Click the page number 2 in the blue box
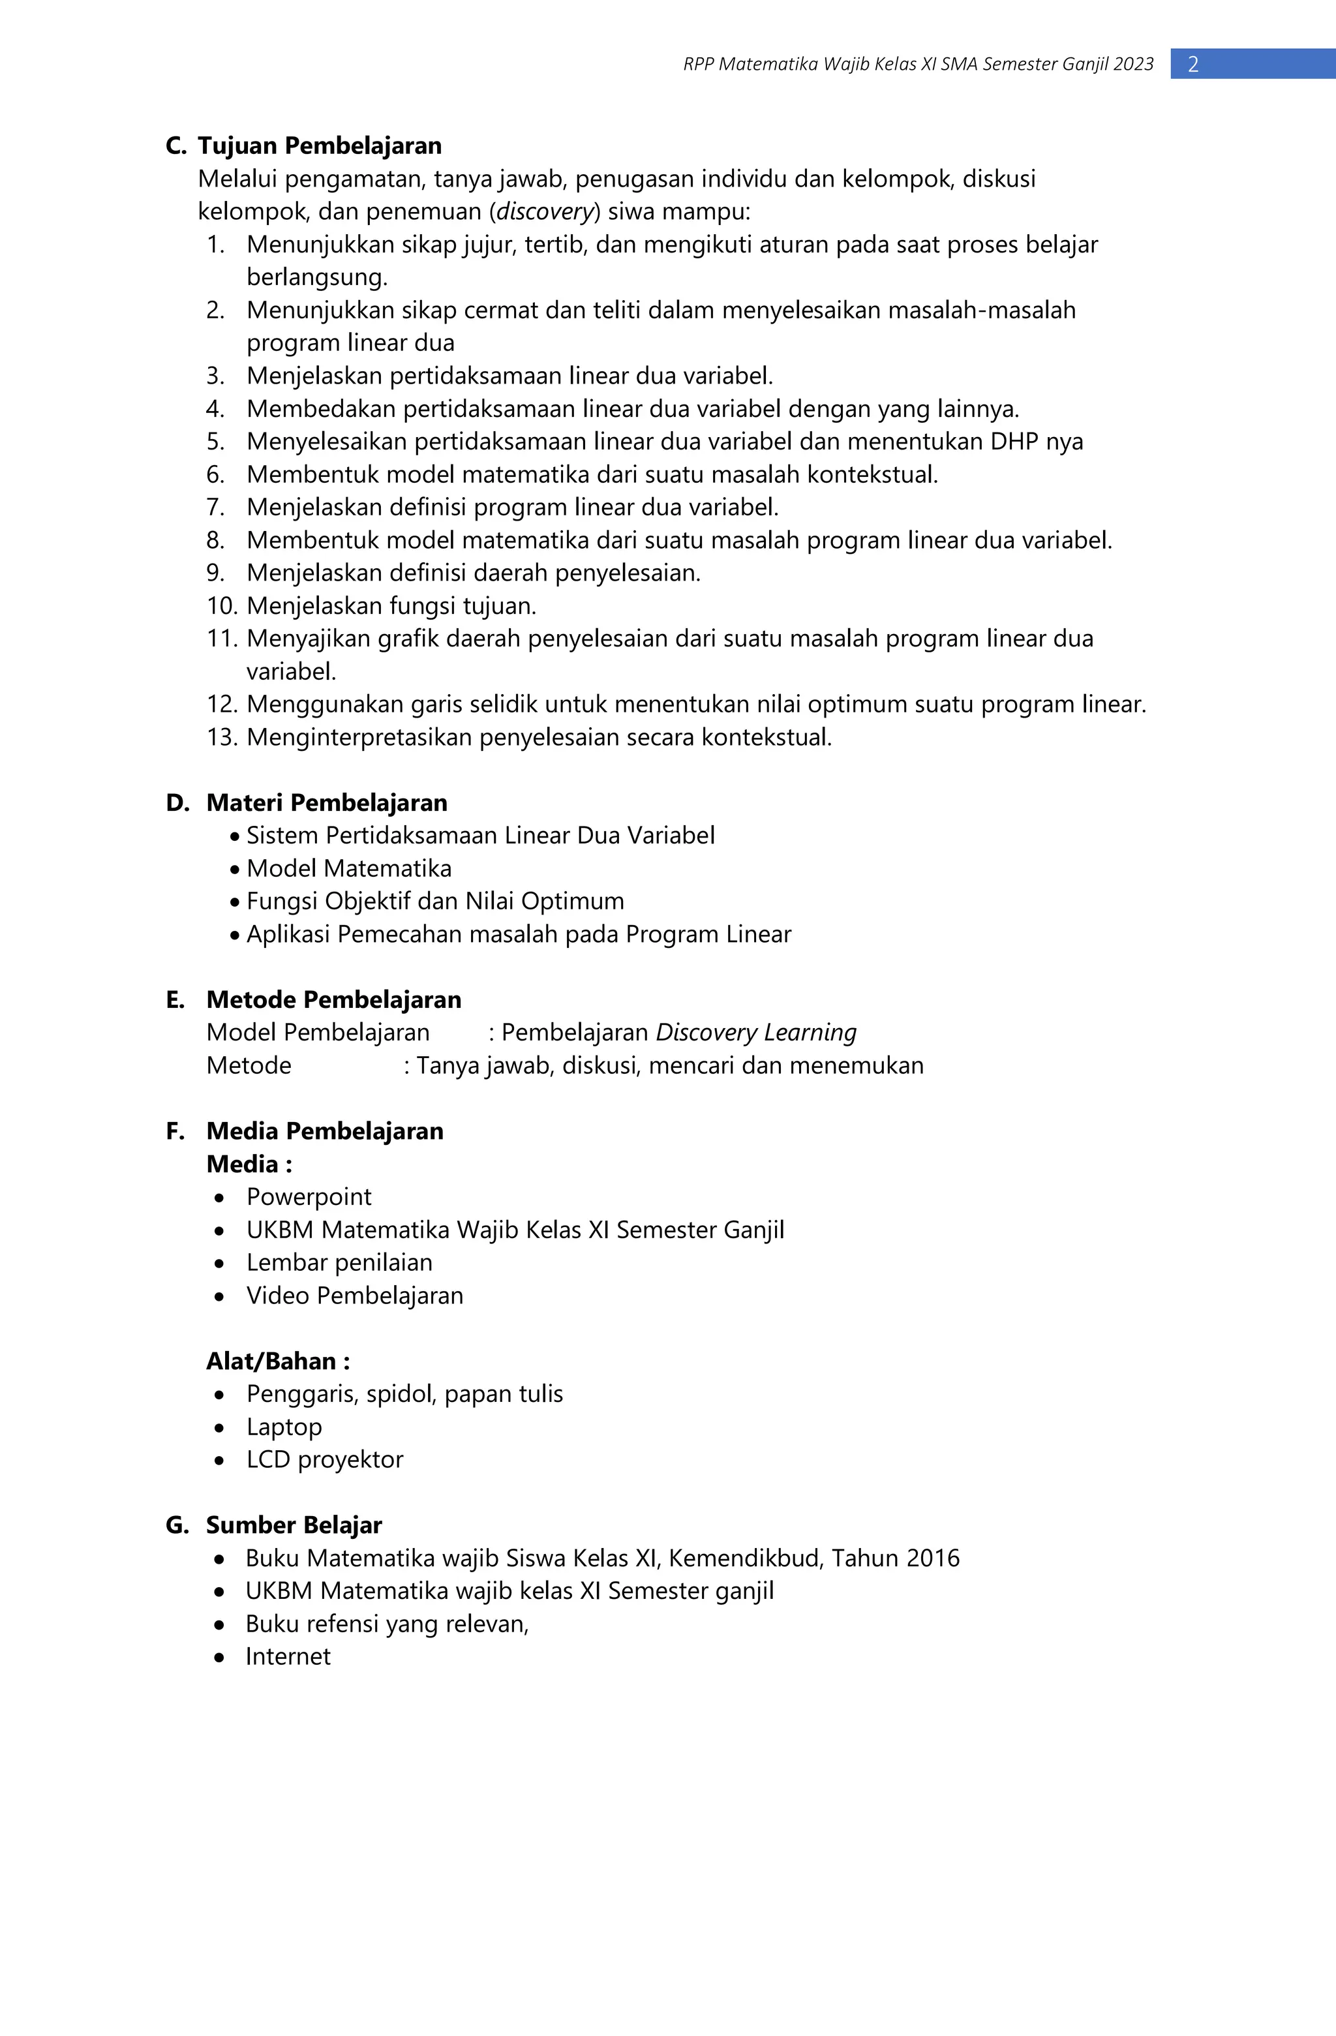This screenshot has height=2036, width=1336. coord(1193,64)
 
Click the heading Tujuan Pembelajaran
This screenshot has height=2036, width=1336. coord(320,145)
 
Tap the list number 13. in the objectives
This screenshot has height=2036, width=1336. coord(220,737)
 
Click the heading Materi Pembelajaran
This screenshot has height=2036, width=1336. coord(327,802)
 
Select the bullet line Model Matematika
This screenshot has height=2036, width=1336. coord(349,868)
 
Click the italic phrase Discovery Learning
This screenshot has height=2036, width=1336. coord(756,1033)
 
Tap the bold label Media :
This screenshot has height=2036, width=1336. coord(249,1164)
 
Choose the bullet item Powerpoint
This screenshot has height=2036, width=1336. coord(309,1197)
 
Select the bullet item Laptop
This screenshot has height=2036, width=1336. coord(284,1427)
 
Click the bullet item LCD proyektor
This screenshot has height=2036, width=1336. coord(324,1459)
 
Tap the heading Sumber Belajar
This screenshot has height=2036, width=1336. coord(294,1525)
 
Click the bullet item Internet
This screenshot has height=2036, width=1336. coord(288,1656)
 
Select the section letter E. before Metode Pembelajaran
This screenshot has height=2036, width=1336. coord(175,1000)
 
